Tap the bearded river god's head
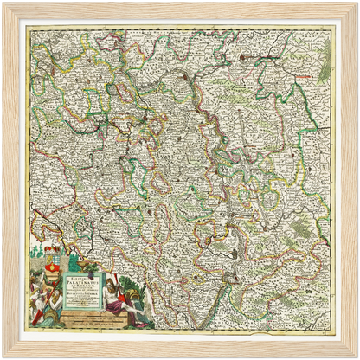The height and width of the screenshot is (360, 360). [x=106, y=281]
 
